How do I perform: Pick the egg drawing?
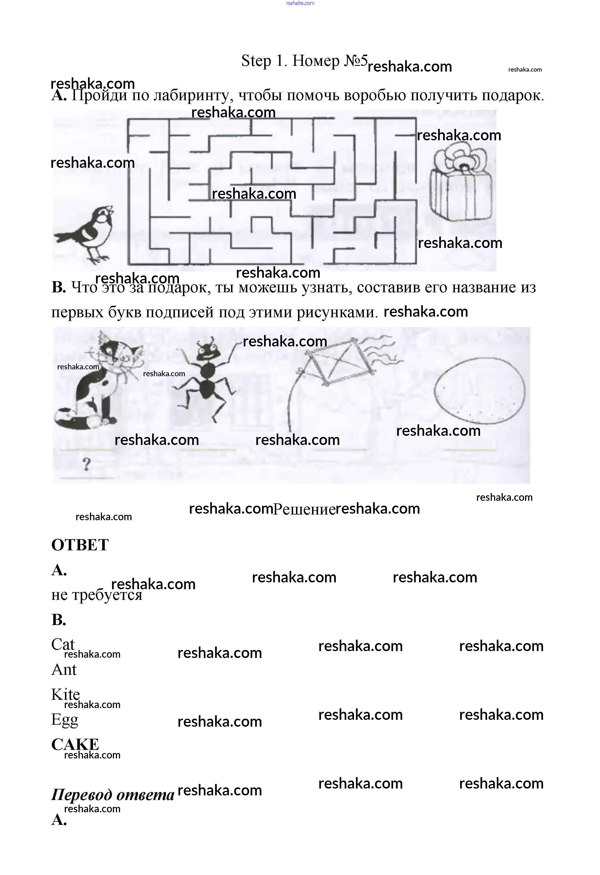479,391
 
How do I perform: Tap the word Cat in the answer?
63,644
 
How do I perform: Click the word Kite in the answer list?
66,694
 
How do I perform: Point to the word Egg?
64,720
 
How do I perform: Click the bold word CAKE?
75,744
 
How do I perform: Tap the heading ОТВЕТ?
80,545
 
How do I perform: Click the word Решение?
304,509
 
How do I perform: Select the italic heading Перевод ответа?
112,795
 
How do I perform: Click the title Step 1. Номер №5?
304,61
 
